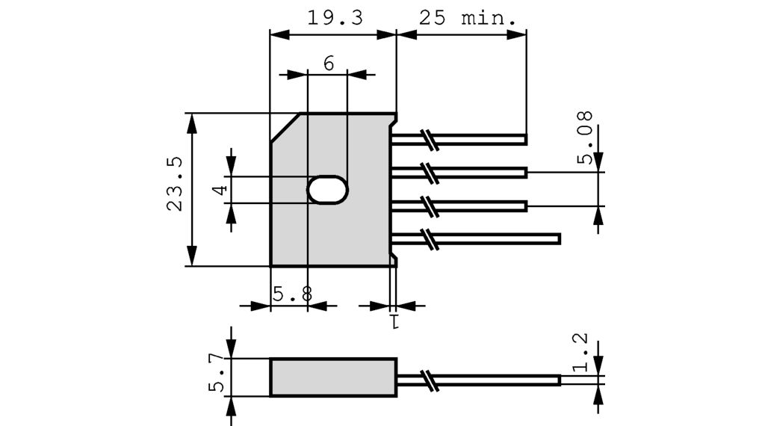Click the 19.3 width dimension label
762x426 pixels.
click(335, 18)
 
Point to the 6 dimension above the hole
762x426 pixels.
click(329, 64)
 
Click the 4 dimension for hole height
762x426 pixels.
click(219, 190)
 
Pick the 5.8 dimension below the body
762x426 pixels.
click(291, 294)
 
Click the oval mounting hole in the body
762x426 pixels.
click(327, 190)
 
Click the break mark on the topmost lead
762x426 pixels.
click(429, 138)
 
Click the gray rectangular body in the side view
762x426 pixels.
click(333, 377)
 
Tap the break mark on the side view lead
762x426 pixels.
click(429, 379)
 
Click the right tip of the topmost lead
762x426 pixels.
click(525, 139)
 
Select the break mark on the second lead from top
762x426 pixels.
click(429, 172)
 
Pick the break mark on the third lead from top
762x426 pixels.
click(429, 205)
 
